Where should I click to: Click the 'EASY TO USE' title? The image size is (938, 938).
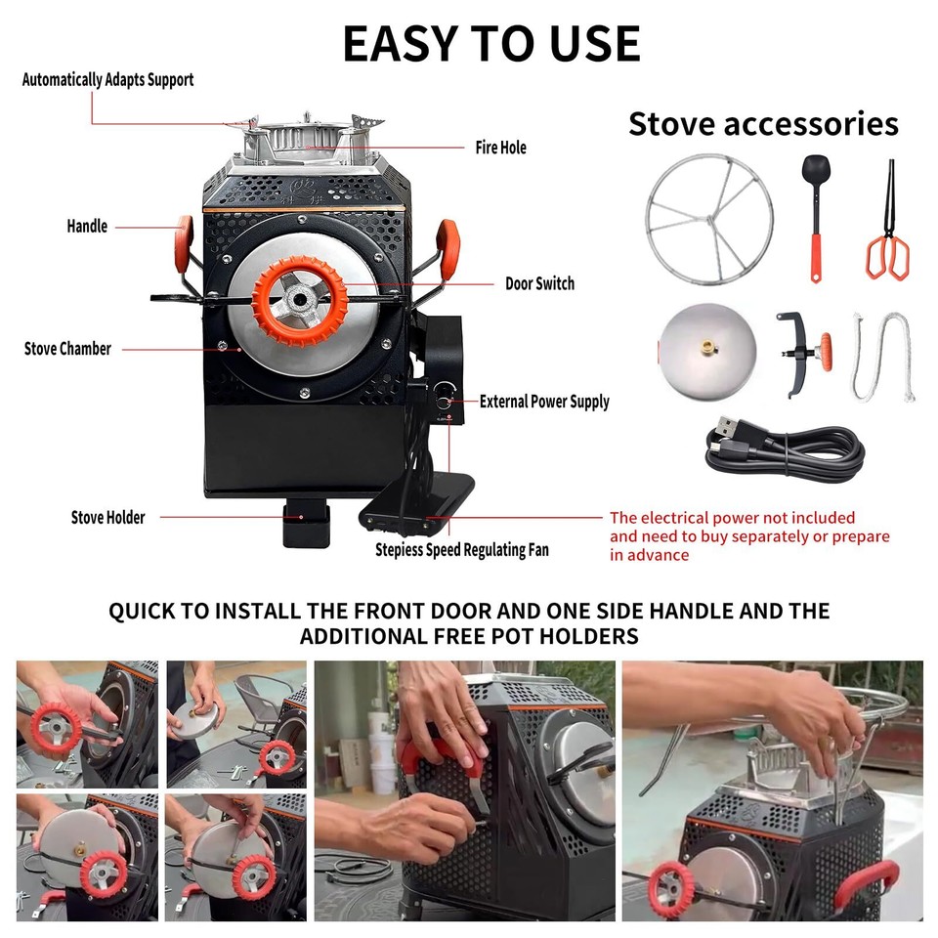(x=490, y=43)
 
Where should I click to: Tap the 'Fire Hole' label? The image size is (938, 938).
(x=500, y=148)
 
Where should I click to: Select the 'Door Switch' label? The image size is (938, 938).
(x=539, y=284)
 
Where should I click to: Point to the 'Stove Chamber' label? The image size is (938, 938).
(x=67, y=349)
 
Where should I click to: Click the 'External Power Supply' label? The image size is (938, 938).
(x=544, y=402)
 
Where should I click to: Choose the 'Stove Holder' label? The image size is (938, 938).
(x=107, y=518)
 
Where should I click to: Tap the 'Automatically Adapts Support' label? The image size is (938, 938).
(x=107, y=80)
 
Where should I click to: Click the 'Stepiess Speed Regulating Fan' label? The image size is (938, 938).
(x=462, y=550)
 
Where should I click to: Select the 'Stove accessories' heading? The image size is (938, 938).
(x=763, y=124)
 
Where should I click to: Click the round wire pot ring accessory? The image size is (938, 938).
(x=708, y=219)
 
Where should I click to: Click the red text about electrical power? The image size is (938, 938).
(x=749, y=536)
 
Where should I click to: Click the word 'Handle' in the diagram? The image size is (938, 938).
(x=87, y=227)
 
